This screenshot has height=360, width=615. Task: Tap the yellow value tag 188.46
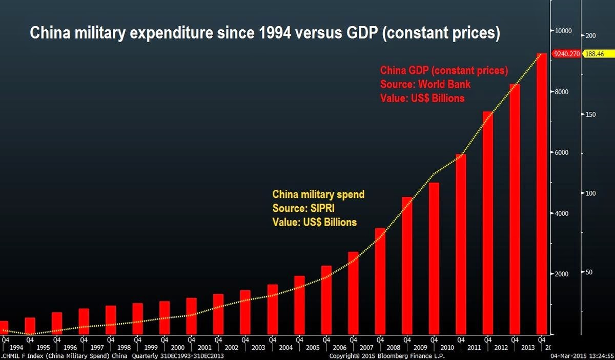[595, 53]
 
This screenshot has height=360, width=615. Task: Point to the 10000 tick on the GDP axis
[564, 31]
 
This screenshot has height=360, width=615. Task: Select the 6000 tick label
[562, 153]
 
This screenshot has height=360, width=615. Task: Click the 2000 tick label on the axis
[562, 274]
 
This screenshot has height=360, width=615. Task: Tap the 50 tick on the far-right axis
[589, 272]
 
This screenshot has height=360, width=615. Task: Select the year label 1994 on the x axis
[16, 347]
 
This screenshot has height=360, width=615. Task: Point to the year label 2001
[204, 347]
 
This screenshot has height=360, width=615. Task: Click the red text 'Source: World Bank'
[425, 84]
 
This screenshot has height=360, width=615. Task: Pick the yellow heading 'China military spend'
[318, 195]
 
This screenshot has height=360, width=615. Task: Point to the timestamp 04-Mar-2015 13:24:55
[582, 355]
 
